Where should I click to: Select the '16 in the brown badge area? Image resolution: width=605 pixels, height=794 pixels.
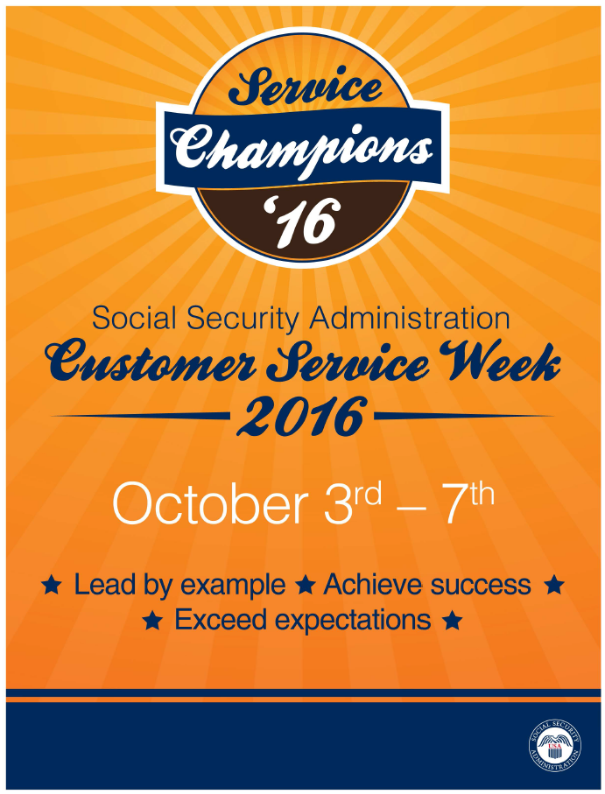(x=300, y=221)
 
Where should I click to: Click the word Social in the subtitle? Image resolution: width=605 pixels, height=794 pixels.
(x=134, y=319)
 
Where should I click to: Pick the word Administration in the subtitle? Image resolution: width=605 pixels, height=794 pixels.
(x=410, y=319)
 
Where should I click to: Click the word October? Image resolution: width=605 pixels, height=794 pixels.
(x=209, y=505)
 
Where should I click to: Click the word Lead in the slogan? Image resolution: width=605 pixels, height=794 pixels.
(x=104, y=585)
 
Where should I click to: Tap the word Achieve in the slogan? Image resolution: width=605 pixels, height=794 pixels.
(x=373, y=585)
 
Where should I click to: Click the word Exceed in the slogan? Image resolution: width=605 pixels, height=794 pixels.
(x=221, y=619)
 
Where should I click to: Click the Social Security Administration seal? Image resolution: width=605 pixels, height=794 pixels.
(x=555, y=746)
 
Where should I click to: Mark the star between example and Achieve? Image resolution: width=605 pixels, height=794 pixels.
(x=305, y=586)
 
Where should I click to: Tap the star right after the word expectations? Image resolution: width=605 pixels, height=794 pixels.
(x=452, y=620)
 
